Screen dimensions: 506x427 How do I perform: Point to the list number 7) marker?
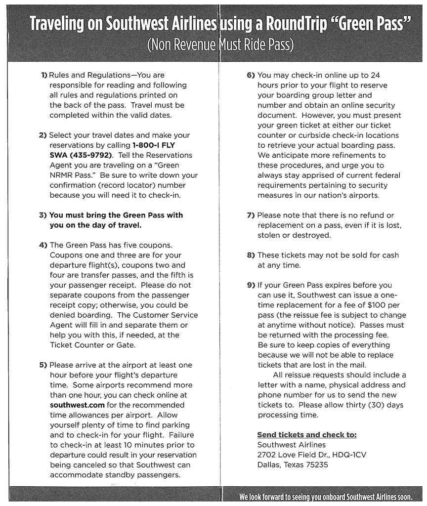pos(251,215)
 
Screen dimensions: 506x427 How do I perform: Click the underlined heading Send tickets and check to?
pos(307,435)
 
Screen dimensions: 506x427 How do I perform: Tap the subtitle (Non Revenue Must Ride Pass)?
pos(220,45)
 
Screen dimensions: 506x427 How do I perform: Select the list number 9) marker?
pos(251,285)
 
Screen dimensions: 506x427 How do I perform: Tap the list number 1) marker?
pos(44,76)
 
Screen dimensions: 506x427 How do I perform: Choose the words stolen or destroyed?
pos(294,235)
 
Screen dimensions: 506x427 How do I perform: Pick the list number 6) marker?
pos(251,75)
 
